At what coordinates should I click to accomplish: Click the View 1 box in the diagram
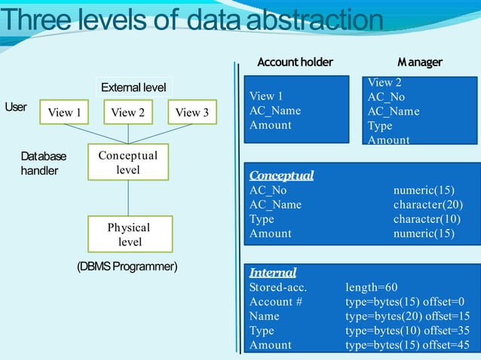click(x=64, y=113)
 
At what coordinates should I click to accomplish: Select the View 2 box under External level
click(x=128, y=113)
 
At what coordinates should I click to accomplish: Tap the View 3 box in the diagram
click(x=192, y=113)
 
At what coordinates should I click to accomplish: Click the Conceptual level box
click(x=128, y=163)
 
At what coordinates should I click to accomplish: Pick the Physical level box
click(x=128, y=234)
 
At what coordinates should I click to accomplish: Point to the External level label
click(x=133, y=87)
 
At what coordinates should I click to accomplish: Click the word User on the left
click(x=16, y=107)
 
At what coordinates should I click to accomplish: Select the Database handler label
click(x=43, y=163)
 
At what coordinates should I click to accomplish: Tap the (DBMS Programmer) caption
click(x=127, y=267)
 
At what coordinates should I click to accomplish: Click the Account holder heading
click(x=295, y=62)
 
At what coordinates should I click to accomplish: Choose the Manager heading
click(x=420, y=62)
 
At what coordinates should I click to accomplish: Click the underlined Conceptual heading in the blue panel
click(x=281, y=175)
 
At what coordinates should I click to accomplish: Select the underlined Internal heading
click(x=272, y=273)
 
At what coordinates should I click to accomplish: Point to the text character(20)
click(x=427, y=205)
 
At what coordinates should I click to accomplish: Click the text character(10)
click(x=427, y=219)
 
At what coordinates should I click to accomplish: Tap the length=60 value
click(x=371, y=288)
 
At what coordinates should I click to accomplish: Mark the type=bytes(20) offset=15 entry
click(x=407, y=316)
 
